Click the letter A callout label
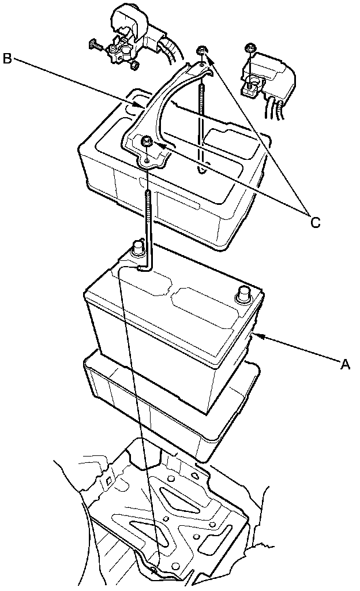coord(345,364)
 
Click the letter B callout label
coord(7,59)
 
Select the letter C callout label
coord(315,221)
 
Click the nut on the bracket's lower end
coord(147,141)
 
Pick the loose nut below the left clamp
coord(133,66)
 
